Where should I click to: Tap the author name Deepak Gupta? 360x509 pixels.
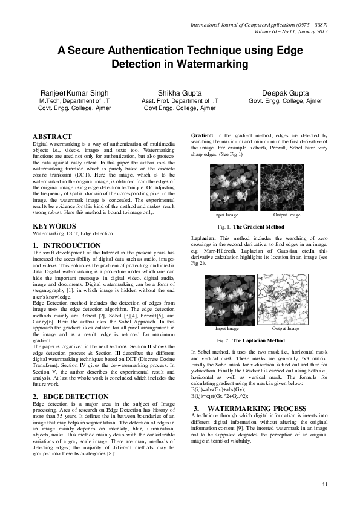[285, 93]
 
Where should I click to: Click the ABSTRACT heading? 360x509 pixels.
[52, 137]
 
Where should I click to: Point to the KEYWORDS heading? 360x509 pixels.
[54, 226]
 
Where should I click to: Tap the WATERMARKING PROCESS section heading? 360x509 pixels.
[250, 392]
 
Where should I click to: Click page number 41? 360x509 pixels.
[324, 484]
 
